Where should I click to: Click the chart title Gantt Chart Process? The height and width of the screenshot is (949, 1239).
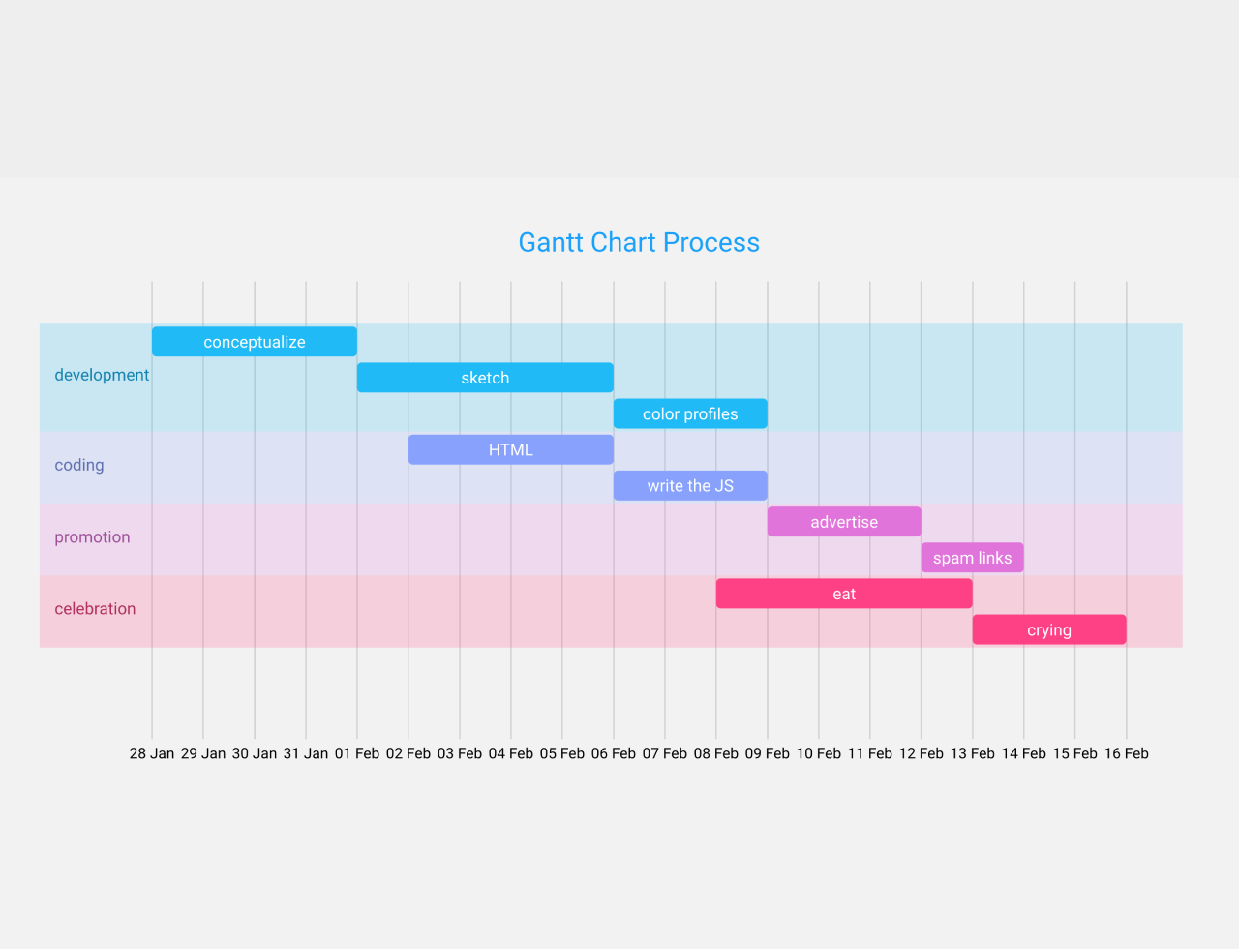point(639,242)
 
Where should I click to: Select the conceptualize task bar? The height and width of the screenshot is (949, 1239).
point(255,342)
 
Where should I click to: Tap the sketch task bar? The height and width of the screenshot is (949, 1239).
point(485,378)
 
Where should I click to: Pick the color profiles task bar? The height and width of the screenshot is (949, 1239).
point(690,413)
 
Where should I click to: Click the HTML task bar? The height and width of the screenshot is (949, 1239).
point(510,449)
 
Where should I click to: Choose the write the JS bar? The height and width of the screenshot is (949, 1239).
point(690,485)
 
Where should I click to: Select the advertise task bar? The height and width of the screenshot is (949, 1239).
point(844,522)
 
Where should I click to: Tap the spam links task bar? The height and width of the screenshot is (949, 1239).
point(972,558)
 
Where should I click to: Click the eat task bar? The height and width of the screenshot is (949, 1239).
point(844,594)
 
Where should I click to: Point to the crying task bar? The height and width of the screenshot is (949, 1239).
point(1049,629)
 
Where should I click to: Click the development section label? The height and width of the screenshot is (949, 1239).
point(102,375)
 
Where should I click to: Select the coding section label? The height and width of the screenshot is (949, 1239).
point(79,465)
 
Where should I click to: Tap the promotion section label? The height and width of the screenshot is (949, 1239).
point(92,537)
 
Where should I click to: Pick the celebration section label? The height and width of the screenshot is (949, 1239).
point(95,609)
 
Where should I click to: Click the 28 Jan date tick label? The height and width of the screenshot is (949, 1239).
point(152,753)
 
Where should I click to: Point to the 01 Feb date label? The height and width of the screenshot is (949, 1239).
point(357,753)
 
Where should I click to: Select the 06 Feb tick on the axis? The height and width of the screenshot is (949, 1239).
point(614,753)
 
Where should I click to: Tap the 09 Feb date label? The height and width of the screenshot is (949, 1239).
point(768,753)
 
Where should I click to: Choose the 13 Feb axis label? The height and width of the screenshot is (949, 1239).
point(972,753)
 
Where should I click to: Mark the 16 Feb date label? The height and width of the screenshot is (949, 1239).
point(1126,753)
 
